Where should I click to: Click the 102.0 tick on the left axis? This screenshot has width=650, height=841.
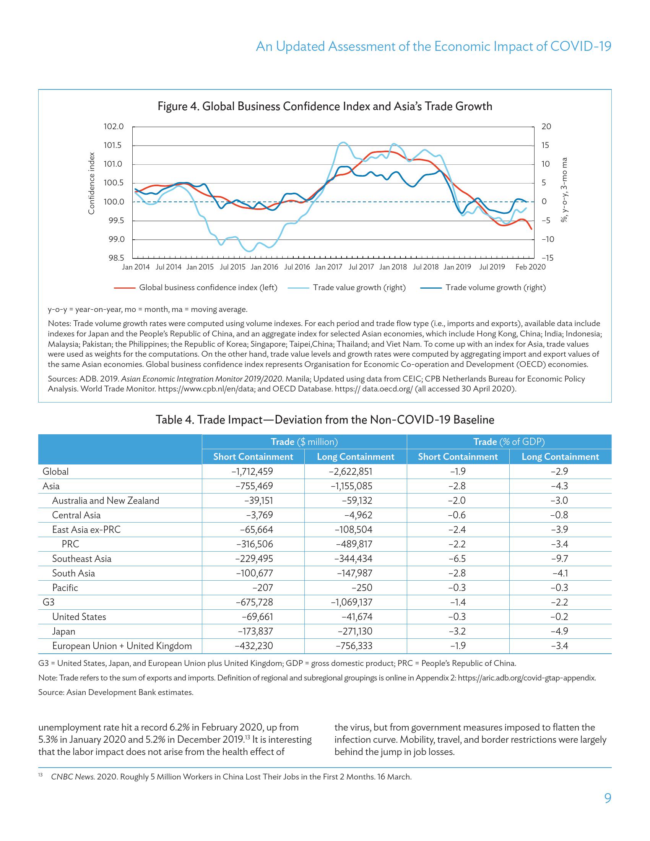[114, 127]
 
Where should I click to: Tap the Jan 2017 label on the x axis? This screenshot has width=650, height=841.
[328, 267]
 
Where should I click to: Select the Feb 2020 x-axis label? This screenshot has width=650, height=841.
[530, 267]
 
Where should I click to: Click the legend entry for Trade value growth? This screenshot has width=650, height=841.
[359, 287]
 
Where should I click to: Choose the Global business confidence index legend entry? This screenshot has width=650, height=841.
[208, 287]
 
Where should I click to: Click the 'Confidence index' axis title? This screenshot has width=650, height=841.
[91, 183]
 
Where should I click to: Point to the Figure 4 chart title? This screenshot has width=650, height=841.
[325, 106]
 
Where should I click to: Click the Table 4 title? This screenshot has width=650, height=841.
[325, 420]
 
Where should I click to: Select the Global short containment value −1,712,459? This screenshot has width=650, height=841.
[254, 471]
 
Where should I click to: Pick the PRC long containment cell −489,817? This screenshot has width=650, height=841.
[354, 544]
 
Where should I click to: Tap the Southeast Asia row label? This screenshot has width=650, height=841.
[82, 559]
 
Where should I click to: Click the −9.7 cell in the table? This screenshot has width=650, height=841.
[559, 559]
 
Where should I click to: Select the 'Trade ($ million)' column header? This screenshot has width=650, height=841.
[304, 442]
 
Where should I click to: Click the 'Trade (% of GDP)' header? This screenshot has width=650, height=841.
[509, 442]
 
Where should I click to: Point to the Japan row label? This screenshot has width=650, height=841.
[63, 632]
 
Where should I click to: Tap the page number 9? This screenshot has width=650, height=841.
[608, 798]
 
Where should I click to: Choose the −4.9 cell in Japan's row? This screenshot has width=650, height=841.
[559, 632]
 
